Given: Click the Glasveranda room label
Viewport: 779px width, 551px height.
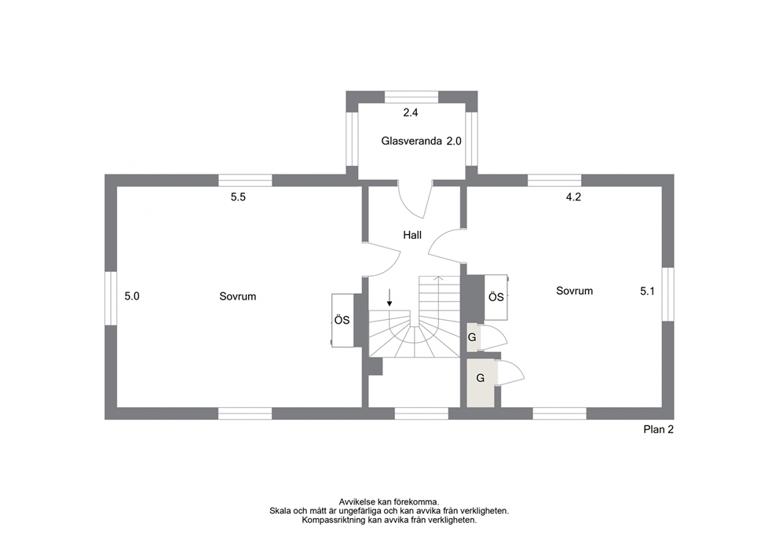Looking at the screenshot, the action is point(411,141).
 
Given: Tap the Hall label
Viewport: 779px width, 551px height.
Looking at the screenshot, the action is point(412,235).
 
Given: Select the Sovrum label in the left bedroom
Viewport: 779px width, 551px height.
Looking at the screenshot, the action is point(238,296).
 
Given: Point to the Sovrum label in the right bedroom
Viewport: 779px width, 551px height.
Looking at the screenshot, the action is point(574,291).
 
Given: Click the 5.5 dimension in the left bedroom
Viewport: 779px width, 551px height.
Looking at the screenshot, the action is point(238,197).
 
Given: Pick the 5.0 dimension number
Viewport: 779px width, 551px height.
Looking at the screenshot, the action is point(132,296).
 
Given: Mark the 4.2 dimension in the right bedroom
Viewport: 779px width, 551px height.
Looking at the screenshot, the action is point(573,197).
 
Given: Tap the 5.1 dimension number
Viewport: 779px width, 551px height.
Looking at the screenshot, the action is point(647,292).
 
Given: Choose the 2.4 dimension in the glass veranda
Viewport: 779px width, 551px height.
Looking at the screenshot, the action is point(411,113).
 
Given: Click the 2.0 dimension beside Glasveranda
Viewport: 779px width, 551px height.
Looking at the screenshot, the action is point(454,141).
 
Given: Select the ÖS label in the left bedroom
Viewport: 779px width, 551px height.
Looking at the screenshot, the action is point(342,320).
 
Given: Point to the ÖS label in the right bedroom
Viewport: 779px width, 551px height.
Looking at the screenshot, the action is point(496,297).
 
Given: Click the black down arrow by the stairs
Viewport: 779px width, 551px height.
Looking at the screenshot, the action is point(389,298).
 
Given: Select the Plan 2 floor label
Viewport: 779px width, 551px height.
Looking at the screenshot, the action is point(658,430).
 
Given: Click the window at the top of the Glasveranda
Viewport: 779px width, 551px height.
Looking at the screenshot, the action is point(411,97).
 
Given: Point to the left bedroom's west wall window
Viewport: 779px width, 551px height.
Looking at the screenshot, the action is point(111,299).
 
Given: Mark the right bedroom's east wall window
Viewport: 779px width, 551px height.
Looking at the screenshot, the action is point(668,295).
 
